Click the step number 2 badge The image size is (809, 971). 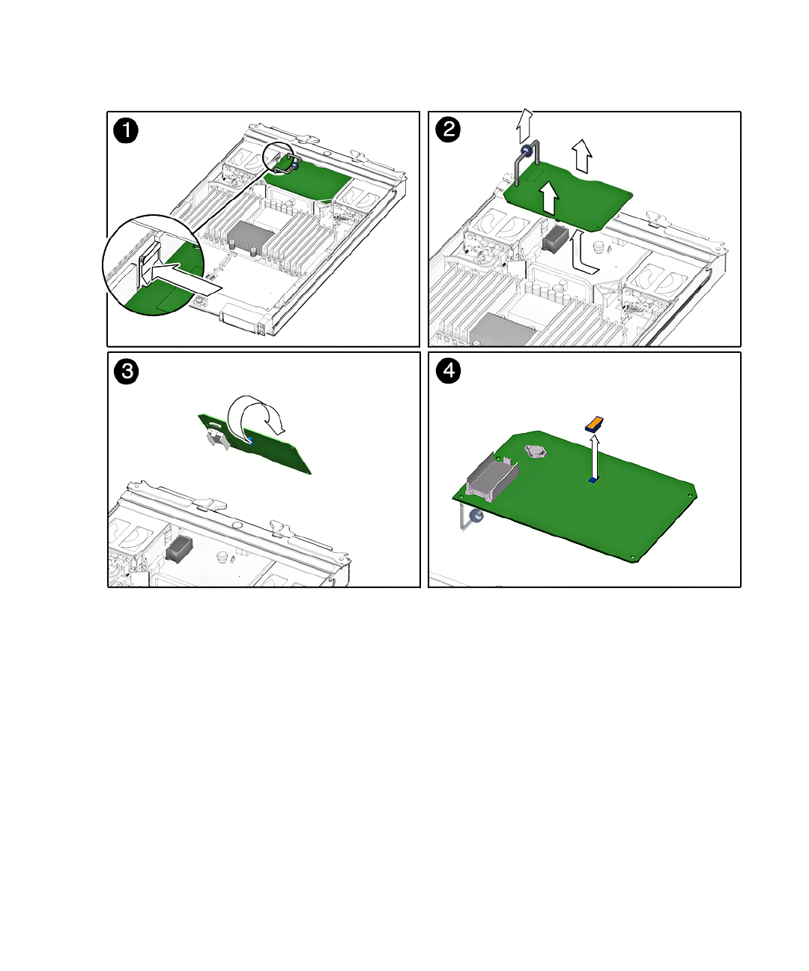(448, 130)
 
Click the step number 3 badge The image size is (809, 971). (127, 372)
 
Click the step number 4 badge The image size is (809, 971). (448, 370)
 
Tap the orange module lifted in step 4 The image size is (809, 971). (594, 424)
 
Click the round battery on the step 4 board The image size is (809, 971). (536, 451)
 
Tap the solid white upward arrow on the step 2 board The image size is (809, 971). (549, 198)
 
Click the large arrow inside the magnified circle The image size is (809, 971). (180, 277)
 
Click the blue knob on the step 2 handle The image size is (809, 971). (527, 151)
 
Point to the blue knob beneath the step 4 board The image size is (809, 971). (476, 516)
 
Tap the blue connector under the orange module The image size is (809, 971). (593, 479)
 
